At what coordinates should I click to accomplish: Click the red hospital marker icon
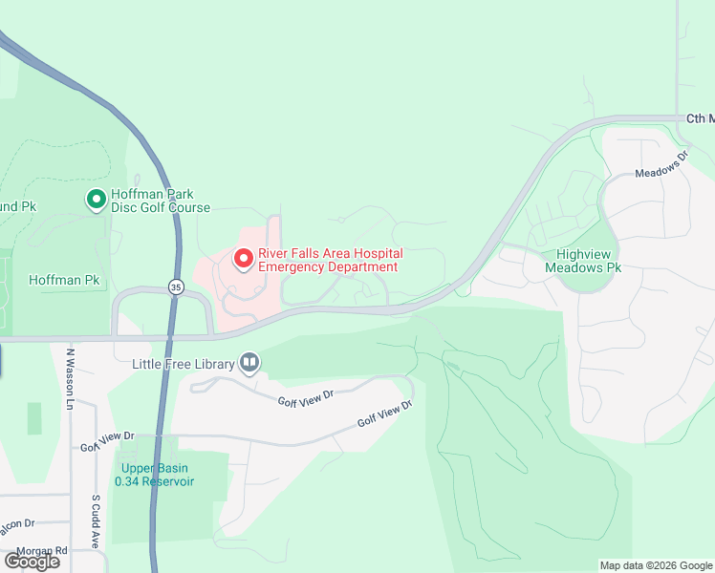click(243, 259)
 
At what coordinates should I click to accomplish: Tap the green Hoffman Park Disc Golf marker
click(96, 200)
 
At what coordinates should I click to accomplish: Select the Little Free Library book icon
click(249, 362)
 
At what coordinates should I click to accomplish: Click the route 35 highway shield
click(175, 286)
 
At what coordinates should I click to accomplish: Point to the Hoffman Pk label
click(64, 280)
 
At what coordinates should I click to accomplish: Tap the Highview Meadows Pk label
click(583, 261)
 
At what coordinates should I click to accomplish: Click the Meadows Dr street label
click(662, 165)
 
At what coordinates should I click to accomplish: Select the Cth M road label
click(700, 118)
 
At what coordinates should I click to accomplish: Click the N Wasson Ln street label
click(70, 378)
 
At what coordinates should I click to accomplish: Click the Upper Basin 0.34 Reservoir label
click(154, 475)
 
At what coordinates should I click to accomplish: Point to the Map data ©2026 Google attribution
click(655, 565)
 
